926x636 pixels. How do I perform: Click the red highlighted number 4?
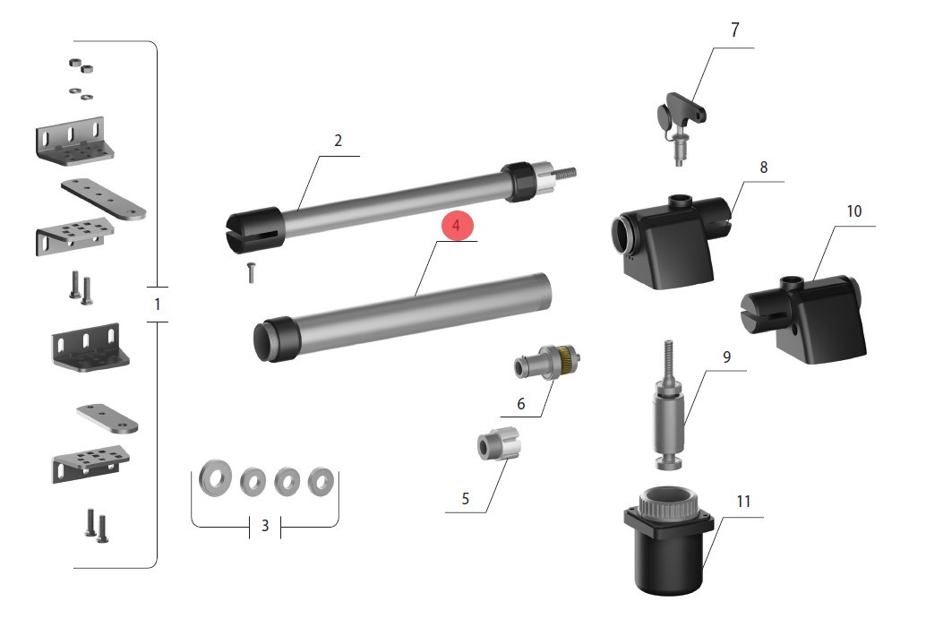coord(456,226)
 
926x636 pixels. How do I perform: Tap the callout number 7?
coord(734,30)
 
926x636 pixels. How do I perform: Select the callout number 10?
coord(854,211)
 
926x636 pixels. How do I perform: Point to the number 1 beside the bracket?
coord(157,305)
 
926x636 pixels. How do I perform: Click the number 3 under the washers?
coord(264,525)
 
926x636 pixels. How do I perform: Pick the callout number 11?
coord(743,502)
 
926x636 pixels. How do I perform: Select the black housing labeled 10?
coord(804,318)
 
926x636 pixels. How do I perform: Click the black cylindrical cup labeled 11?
coord(669,540)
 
